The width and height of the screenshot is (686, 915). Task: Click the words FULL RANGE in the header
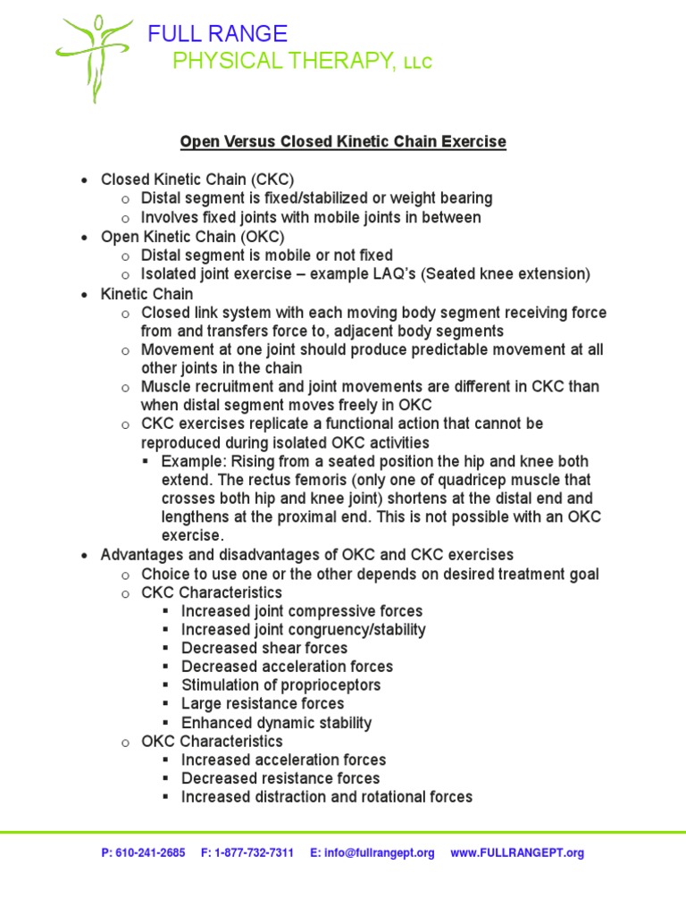tap(218, 35)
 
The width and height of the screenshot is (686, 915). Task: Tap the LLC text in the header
tap(417, 63)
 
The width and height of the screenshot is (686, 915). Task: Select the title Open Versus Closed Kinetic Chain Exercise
tap(343, 142)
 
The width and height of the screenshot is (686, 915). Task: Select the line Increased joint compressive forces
tap(302, 611)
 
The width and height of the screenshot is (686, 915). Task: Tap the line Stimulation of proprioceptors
tap(280, 685)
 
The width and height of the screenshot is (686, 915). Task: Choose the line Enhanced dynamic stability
tap(276, 723)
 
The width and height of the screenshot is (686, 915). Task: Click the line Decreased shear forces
tap(264, 648)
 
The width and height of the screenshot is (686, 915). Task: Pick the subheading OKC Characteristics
tap(212, 742)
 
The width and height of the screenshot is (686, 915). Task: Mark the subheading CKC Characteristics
tap(212, 592)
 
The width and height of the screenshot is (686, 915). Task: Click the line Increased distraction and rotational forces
tap(327, 797)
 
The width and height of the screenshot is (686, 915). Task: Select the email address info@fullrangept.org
tap(380, 853)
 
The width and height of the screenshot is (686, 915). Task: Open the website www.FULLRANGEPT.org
tap(517, 853)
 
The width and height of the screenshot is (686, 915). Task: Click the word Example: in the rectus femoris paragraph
tap(194, 462)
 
